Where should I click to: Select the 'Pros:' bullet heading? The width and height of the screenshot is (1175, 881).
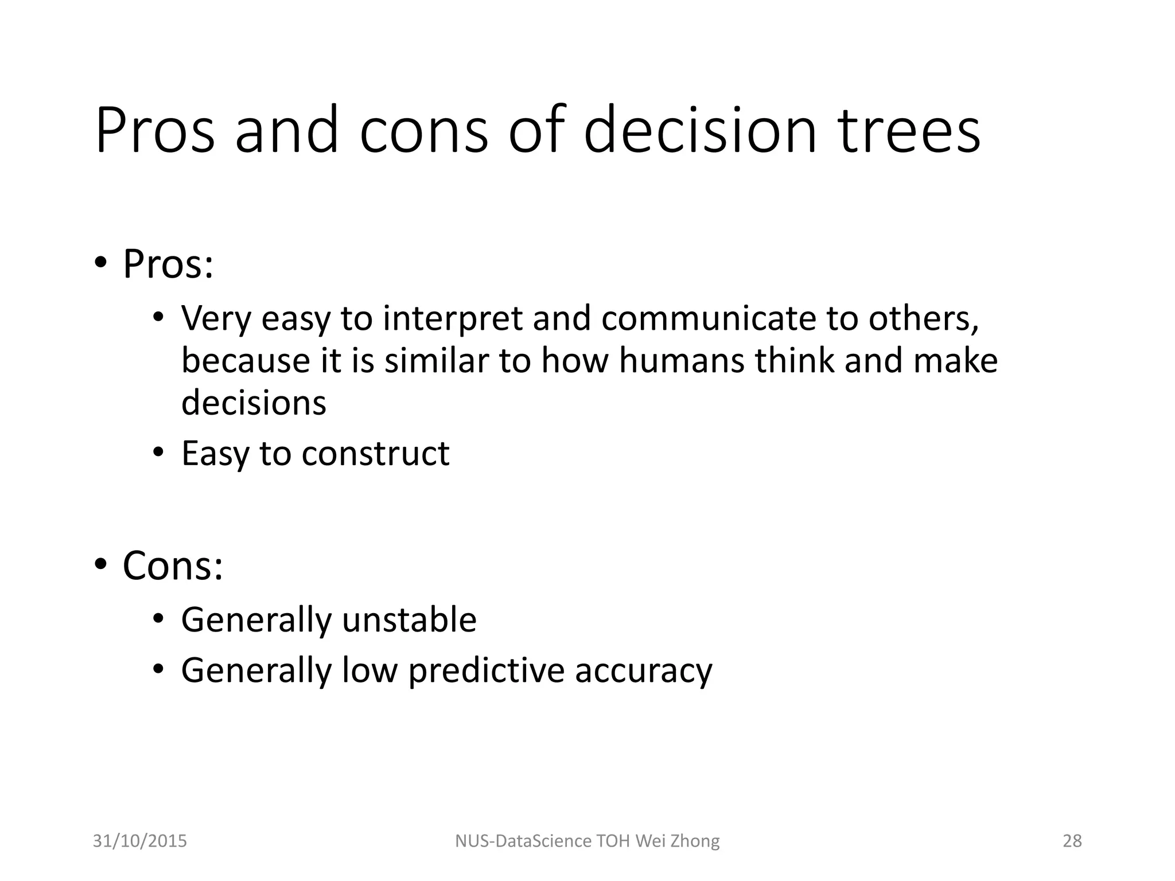[x=168, y=264]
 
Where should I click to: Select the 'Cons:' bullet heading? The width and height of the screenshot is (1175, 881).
[x=173, y=566]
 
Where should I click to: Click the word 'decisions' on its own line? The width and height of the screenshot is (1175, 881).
[x=254, y=403]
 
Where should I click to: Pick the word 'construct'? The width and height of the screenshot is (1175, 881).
[x=375, y=454]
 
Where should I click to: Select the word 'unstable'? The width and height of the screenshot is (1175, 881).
[x=409, y=620]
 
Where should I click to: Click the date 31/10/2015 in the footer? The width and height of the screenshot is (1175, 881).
[x=140, y=841]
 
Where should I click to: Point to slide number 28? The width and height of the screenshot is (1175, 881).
[x=1072, y=841]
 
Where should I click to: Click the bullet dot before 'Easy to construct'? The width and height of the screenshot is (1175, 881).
[x=158, y=452]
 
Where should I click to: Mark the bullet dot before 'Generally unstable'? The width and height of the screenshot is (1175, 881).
[x=158, y=618]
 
